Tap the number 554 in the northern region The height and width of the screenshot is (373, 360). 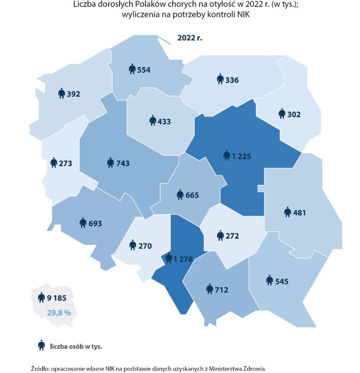click(144, 70)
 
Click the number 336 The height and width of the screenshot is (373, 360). click(232, 80)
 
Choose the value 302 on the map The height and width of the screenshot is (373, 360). click(294, 114)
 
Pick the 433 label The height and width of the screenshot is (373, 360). click(164, 121)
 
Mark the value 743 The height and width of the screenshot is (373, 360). click(123, 163)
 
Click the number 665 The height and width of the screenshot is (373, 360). click(192, 195)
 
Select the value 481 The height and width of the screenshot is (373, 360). click(299, 213)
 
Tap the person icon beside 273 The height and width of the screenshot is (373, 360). click(54, 163)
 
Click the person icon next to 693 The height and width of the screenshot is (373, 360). click(83, 222)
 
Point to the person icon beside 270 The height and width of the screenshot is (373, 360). click(133, 245)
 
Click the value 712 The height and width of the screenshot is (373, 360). click(221, 290)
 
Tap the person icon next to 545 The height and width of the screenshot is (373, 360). click(269, 281)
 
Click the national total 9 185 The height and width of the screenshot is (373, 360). click(56, 297)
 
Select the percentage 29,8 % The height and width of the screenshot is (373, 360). click(59, 313)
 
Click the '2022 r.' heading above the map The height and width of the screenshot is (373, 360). click(190, 38)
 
